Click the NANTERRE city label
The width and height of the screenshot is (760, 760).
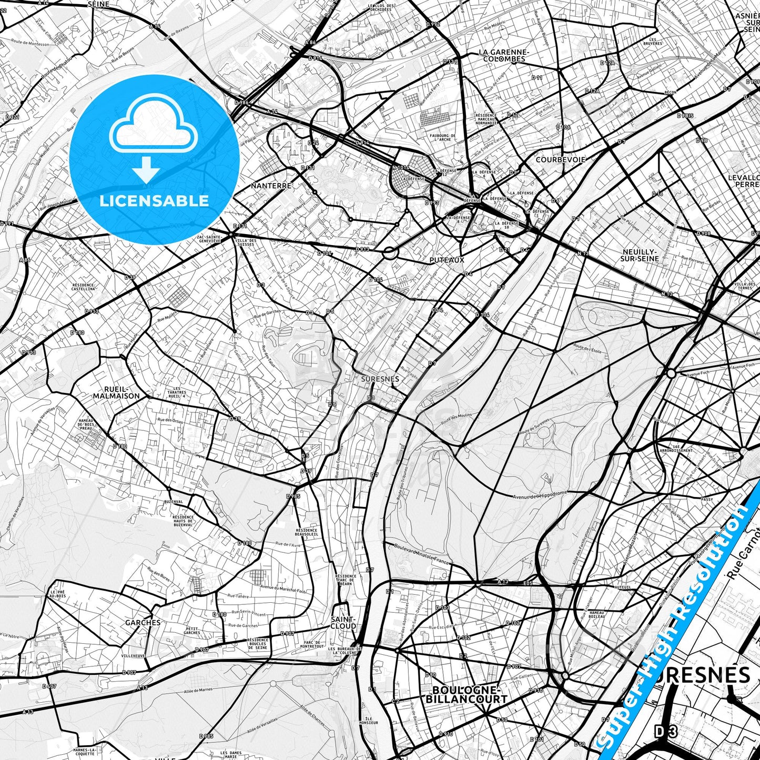pyautogui.click(x=271, y=186)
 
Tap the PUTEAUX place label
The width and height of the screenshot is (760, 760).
pyautogui.click(x=447, y=260)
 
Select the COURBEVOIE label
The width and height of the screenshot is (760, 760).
pyautogui.click(x=560, y=159)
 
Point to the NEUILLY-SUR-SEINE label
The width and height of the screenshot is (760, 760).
pyautogui.click(x=639, y=255)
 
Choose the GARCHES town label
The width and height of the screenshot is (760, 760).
pyautogui.click(x=143, y=622)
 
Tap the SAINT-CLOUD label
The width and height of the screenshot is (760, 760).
pyautogui.click(x=343, y=623)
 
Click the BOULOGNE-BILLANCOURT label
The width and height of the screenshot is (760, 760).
pyautogui.click(x=466, y=695)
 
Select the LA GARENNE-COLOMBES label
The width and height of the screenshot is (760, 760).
pyautogui.click(x=503, y=56)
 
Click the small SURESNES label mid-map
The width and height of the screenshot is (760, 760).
pyautogui.click(x=380, y=379)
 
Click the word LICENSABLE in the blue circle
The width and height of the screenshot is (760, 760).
pyautogui.click(x=154, y=201)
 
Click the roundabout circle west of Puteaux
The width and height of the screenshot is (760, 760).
pyautogui.click(x=390, y=253)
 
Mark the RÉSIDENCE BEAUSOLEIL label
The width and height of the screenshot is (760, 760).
pyautogui.click(x=307, y=532)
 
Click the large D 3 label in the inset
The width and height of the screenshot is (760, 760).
pyautogui.click(x=665, y=732)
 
